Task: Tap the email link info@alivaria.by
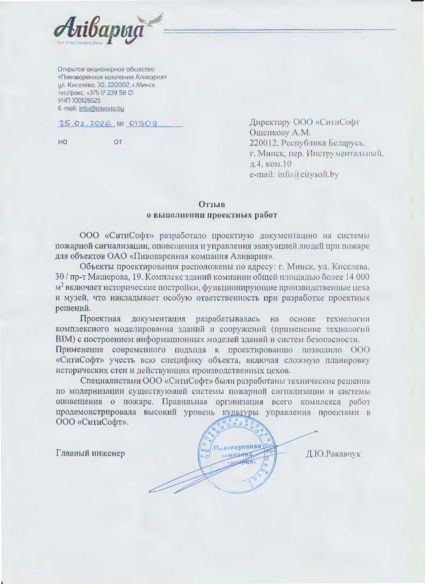(101, 108)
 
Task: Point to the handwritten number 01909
(143, 124)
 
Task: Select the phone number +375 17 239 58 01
(110, 93)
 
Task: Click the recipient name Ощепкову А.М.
(280, 133)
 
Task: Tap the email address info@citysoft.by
(308, 174)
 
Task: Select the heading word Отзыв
(212, 204)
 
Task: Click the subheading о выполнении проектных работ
(212, 215)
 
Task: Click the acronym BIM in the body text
(62, 340)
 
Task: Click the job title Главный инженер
(90, 453)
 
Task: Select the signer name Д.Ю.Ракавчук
(333, 454)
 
